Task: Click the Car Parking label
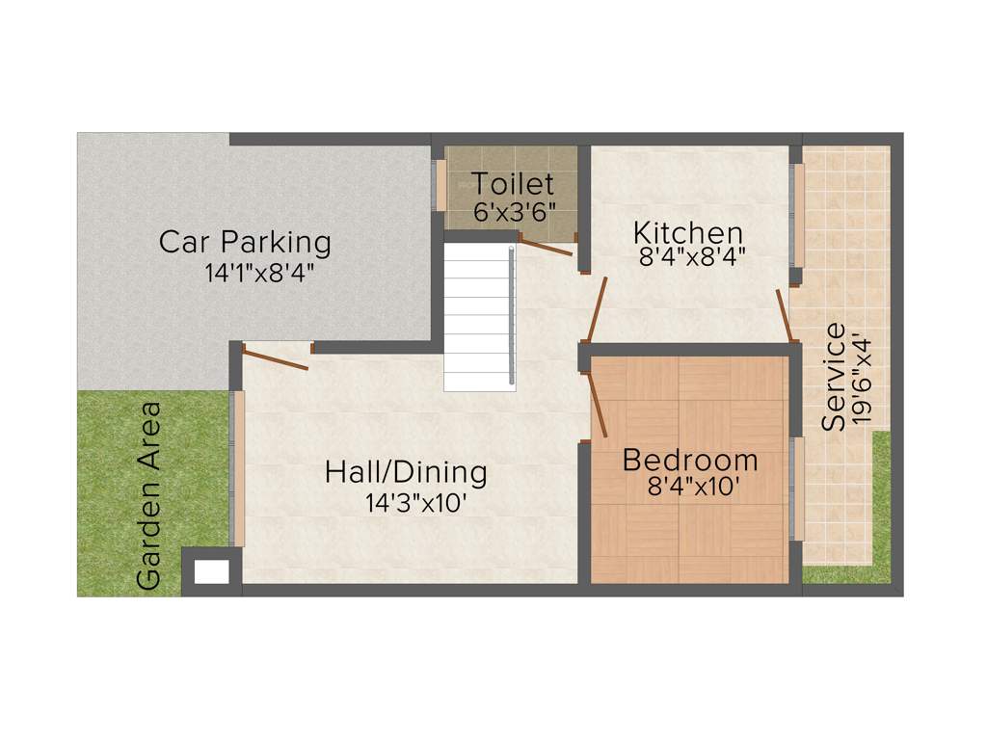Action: pyautogui.click(x=245, y=241)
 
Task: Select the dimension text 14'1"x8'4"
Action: pyautogui.click(x=259, y=273)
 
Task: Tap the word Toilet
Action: pyautogui.click(x=512, y=183)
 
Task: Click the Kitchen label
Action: pyautogui.click(x=688, y=233)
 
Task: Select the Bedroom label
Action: pyautogui.click(x=690, y=461)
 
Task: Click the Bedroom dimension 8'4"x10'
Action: pyautogui.click(x=694, y=487)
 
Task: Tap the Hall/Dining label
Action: pyautogui.click(x=406, y=473)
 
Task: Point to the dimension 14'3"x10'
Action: pyautogui.click(x=416, y=503)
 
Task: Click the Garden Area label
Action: pyautogui.click(x=149, y=494)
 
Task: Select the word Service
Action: pyautogui.click(x=834, y=377)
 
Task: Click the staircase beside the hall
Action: pyautogui.click(x=479, y=316)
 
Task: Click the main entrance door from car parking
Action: pyautogui.click(x=276, y=358)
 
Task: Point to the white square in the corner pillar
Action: pyautogui.click(x=212, y=572)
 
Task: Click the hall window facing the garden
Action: pyautogui.click(x=238, y=468)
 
